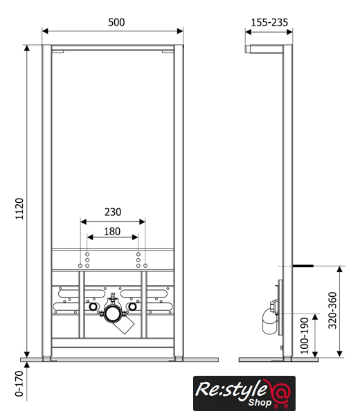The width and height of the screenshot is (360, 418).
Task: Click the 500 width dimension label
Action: tap(116, 22)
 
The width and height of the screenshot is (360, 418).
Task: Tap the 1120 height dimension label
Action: tap(19, 209)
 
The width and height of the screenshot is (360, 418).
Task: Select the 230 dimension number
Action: tap(113, 212)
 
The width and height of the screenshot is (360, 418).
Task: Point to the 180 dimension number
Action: tap(112, 231)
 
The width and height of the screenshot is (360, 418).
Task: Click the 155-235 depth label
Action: tap(269, 22)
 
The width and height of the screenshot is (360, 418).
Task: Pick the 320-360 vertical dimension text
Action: tap(332, 310)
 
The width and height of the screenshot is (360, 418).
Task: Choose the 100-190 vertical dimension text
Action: tap(304, 336)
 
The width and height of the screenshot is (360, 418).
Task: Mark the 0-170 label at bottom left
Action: tap(19, 383)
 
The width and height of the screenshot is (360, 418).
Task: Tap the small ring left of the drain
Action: tap(93, 307)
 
